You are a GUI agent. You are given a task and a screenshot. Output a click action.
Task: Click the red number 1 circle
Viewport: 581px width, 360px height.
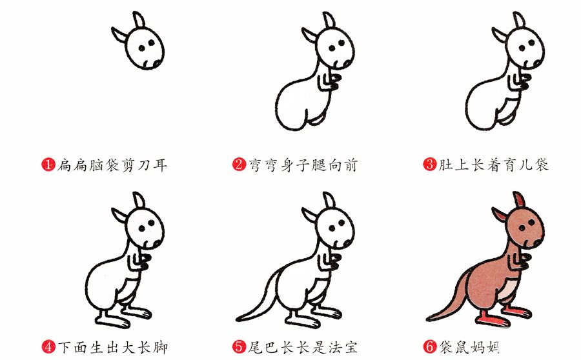pos(48,164)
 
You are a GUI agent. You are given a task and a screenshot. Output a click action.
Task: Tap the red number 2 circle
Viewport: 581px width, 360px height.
pos(239,164)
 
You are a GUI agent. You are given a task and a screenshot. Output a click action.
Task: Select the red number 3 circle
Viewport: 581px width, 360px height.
pos(430,164)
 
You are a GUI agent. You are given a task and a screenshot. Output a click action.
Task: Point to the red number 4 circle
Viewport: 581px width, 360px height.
pos(48,347)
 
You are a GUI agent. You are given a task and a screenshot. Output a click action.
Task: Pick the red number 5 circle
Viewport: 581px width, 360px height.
pos(239,347)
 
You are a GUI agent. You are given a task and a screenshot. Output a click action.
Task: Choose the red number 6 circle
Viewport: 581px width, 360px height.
pos(430,347)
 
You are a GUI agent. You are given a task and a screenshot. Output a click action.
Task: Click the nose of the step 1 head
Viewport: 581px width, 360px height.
pos(158,64)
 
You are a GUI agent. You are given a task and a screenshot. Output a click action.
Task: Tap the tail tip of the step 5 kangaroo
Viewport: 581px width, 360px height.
pos(238,319)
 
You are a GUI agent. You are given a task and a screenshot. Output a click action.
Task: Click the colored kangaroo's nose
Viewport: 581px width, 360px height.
pos(538,243)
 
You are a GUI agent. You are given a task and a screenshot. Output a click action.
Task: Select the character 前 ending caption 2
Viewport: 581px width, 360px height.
pos(350,165)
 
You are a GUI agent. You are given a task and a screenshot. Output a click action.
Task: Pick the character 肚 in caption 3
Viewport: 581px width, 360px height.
pos(445,165)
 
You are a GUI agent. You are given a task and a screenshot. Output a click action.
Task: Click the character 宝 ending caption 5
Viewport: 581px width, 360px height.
pos(350,347)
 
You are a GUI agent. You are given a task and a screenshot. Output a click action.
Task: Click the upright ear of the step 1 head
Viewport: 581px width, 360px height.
pos(138,20)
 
